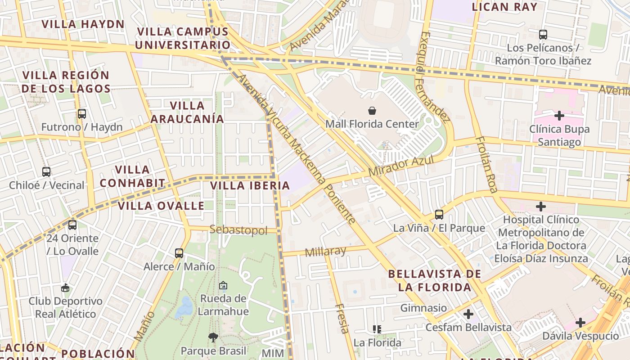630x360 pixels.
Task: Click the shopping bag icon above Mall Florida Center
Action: tap(372, 110)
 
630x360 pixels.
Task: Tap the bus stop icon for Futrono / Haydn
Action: tap(81, 114)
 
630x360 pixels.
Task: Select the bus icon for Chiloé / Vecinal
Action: tap(46, 171)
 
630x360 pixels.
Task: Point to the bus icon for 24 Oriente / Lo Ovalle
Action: tap(72, 225)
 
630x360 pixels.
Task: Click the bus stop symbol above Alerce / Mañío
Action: tap(179, 253)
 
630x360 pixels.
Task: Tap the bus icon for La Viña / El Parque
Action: tap(439, 215)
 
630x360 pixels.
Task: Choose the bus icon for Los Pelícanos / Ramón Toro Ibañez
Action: tap(543, 34)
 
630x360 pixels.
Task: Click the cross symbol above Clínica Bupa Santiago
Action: tap(559, 116)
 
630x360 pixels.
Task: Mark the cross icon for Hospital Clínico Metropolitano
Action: tap(541, 207)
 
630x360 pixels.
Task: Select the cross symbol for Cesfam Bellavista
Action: tap(468, 314)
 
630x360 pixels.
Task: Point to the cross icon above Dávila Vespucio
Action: tap(580, 322)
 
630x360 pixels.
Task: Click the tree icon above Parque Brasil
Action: tap(213, 337)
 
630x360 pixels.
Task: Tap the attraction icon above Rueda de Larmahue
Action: tap(223, 285)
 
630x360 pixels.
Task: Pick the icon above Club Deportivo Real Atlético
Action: tap(66, 288)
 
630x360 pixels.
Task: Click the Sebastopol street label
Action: tap(238, 230)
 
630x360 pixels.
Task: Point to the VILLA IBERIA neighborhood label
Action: tap(250, 185)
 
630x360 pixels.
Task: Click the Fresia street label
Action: tap(342, 318)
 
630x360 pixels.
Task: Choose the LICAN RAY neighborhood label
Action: tap(504, 7)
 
